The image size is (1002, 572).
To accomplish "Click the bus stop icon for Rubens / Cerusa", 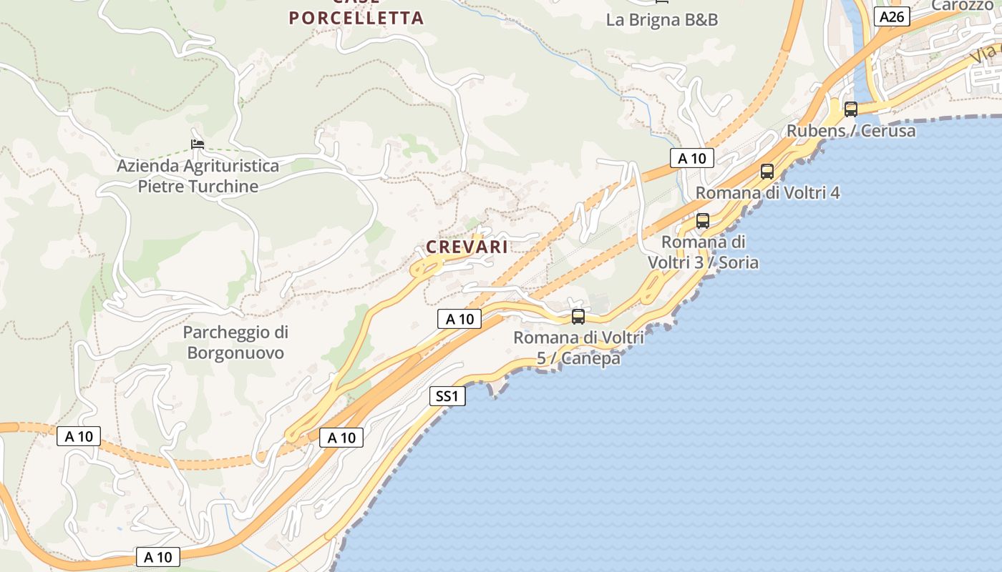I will coord(850,109).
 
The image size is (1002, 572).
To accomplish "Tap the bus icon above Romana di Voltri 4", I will coord(767,172).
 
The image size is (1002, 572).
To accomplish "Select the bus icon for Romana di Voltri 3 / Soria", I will coord(702,221).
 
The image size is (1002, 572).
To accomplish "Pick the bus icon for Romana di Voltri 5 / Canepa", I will coord(578,316).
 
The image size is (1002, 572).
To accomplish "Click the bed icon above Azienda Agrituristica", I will coord(198,144).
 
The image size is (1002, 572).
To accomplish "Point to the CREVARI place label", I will coord(467,247).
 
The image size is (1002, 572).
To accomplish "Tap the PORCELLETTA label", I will coord(356,18).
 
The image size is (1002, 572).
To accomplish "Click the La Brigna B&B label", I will coord(661,19).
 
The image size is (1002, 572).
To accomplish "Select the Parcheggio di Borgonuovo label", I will coord(235,342).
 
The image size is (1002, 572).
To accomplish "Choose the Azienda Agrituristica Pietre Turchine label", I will coord(198,176).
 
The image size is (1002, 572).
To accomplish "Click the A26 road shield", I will coord(891,16).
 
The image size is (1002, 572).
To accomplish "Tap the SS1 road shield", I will coord(447,395).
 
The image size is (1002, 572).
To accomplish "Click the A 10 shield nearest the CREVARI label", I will coord(459,319).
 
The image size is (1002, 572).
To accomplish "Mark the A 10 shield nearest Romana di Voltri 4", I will coord(691,158).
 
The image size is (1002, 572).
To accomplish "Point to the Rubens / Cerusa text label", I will coord(851,131).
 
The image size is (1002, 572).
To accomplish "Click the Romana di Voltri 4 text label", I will coord(767,192).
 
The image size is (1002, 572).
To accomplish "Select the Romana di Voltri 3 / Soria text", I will coord(703,252).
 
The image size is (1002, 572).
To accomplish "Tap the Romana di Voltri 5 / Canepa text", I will coord(578,347).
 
